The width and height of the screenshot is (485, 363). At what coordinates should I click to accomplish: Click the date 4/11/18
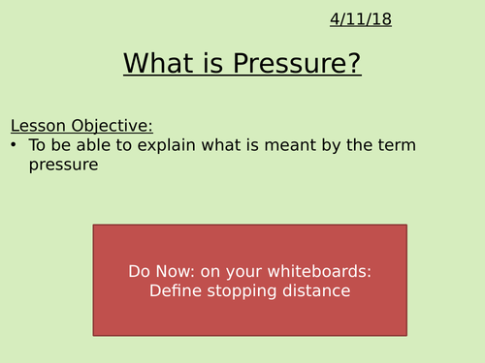coord(360,19)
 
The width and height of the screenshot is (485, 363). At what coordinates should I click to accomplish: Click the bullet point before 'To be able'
coord(15,145)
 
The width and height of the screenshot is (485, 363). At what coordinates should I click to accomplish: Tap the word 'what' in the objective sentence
coord(227,145)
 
